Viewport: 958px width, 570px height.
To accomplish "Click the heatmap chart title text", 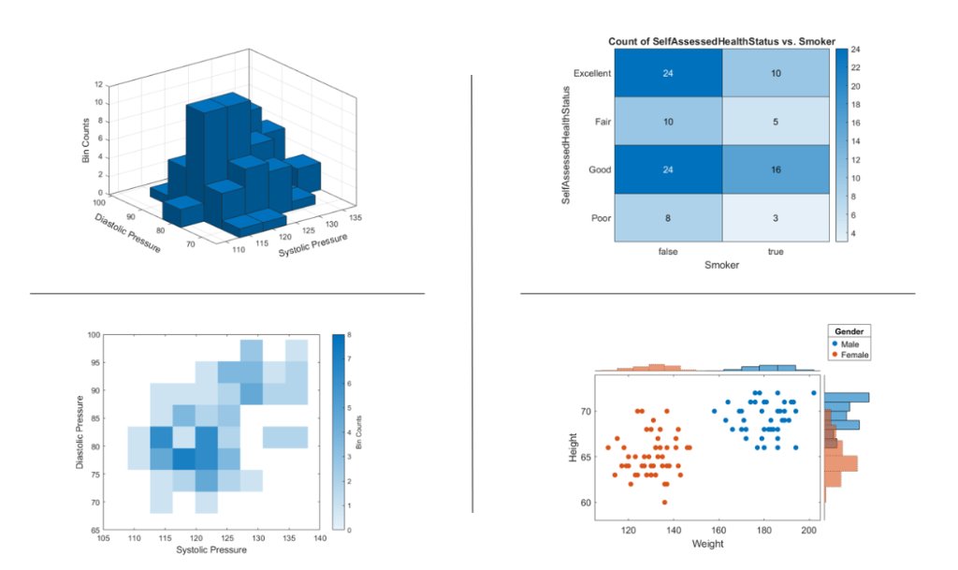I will tap(721, 41).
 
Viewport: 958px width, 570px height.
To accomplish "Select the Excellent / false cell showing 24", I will tap(668, 73).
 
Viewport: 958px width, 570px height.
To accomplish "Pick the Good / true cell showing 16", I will tap(776, 169).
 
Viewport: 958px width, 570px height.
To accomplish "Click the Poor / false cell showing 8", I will tap(668, 217).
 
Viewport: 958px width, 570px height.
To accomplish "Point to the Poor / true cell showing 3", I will tap(776, 217).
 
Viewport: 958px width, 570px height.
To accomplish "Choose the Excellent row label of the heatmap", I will tap(592, 73).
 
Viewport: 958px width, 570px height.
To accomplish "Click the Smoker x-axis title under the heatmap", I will tap(721, 266).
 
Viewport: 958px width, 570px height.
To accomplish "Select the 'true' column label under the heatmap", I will tap(776, 251).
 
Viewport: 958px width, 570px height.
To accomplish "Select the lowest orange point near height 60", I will tap(664, 503).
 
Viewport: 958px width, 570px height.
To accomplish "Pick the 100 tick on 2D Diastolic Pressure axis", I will tap(93, 334).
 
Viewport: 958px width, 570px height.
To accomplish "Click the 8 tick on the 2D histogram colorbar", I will tap(349, 334).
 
